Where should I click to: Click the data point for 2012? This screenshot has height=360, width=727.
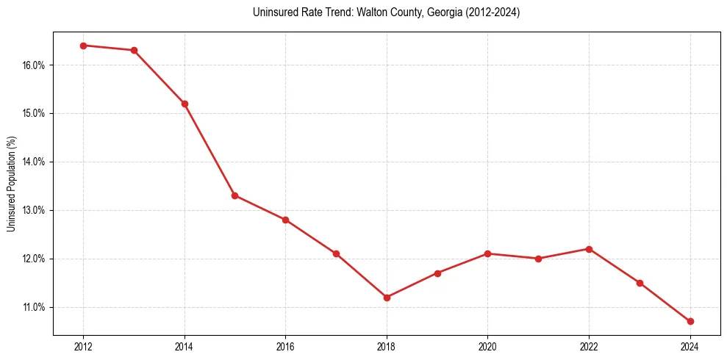[83, 46]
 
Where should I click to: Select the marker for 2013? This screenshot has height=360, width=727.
[134, 50]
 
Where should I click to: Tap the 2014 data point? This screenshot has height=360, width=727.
[185, 104]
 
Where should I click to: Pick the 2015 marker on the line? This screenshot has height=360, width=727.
[234, 195]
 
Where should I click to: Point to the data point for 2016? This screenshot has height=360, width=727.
[285, 220]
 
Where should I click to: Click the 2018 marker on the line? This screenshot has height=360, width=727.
[387, 298]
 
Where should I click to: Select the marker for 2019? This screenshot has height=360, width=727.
[437, 273]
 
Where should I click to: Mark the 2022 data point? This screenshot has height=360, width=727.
[589, 249]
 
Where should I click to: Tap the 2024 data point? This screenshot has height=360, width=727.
[690, 321]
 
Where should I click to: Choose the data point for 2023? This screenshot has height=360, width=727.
[640, 283]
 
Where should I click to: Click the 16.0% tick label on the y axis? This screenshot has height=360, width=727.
[34, 65]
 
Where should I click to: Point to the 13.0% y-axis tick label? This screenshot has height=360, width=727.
[34, 210]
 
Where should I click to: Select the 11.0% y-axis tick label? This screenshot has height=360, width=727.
[34, 307]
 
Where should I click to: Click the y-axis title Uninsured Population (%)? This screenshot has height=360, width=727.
[12, 184]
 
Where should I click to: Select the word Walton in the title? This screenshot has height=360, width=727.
[372, 12]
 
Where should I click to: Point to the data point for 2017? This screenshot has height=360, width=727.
[336, 253]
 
